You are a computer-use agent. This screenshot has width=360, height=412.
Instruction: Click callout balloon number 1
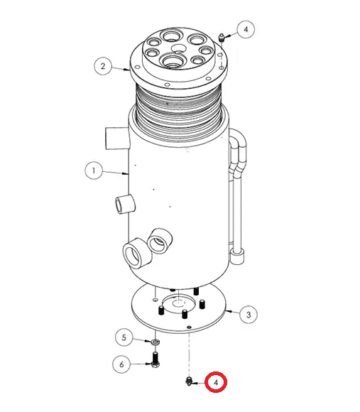92,170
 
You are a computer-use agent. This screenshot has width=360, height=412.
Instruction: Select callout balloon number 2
104,67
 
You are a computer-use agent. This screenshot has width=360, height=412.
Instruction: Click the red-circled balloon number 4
217,382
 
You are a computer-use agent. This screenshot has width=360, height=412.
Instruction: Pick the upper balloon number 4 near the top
246,30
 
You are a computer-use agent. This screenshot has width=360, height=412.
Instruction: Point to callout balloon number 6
122,364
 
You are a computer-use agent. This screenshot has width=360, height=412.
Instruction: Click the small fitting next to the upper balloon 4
222,36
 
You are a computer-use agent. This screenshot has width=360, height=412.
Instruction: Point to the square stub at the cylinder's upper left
114,136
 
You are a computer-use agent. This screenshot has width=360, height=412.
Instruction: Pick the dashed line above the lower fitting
190,352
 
